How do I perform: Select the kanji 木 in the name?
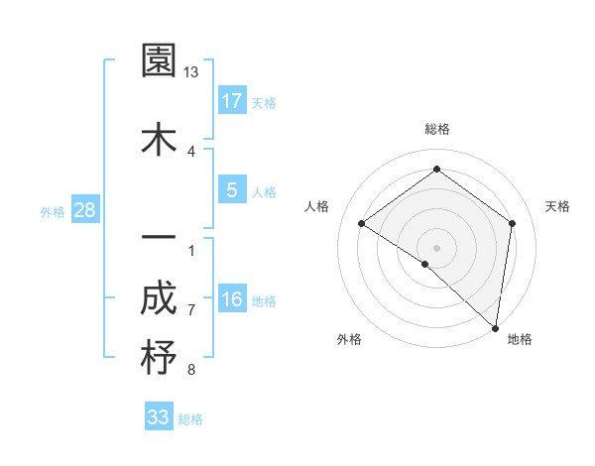(160, 139)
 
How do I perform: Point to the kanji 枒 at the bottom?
(160, 358)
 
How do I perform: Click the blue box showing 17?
(231, 100)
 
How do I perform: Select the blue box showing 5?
(231, 189)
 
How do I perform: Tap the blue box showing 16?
(231, 298)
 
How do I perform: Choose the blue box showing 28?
(84, 209)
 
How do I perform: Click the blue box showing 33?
(158, 417)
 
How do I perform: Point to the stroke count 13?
(191, 72)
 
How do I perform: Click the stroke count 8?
(191, 370)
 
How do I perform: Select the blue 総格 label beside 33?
(190, 419)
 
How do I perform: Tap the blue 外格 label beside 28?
(53, 211)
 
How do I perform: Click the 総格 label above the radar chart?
(437, 129)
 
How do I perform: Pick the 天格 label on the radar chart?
(558, 206)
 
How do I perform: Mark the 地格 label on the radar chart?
(520, 339)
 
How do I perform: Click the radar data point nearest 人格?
(362, 224)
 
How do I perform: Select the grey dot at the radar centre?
(436, 247)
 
